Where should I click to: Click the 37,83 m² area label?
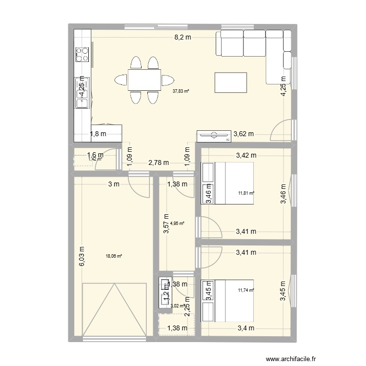click(181, 90)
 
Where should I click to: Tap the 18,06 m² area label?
click(114, 255)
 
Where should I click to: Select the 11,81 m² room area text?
click(246, 193)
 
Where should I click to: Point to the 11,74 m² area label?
click(246, 290)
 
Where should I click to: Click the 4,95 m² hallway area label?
click(177, 224)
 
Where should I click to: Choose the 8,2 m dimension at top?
click(183, 37)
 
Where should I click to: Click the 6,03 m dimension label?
click(82, 256)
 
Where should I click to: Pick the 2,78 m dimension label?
click(159, 163)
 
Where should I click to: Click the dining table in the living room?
click(144, 80)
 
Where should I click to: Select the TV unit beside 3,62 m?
click(214, 136)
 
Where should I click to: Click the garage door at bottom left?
click(115, 310)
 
